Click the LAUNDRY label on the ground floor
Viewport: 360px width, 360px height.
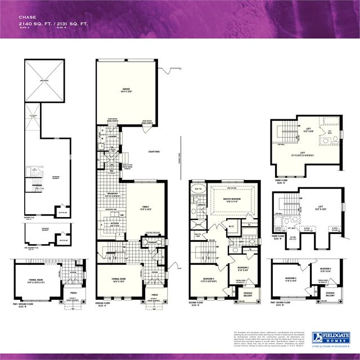111,136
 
